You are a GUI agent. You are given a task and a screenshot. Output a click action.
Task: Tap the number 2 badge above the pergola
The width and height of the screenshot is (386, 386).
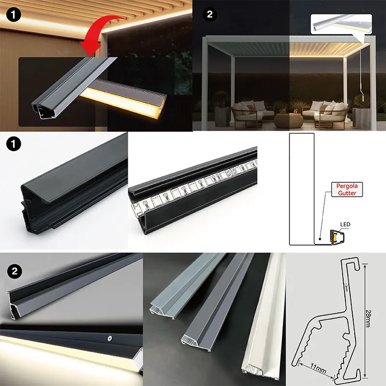[209, 14]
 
